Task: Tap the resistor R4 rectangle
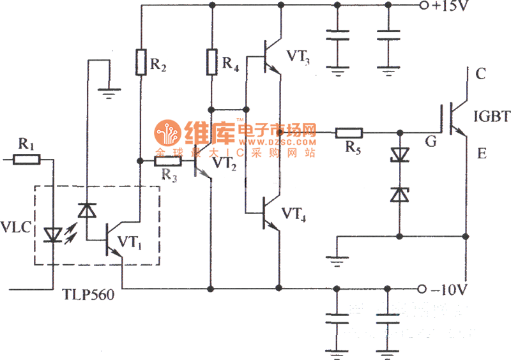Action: pyautogui.click(x=211, y=62)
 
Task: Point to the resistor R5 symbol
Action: pyautogui.click(x=349, y=133)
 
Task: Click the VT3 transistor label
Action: pyautogui.click(x=298, y=57)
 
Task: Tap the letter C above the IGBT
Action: pyautogui.click(x=480, y=74)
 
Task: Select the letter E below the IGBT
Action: pyautogui.click(x=480, y=155)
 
